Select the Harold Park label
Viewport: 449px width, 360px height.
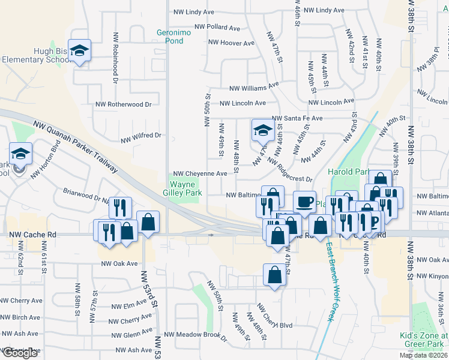coord(349,172)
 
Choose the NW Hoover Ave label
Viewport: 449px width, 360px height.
coord(231,43)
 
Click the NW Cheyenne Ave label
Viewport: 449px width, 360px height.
coord(200,173)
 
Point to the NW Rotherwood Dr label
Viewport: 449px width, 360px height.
coord(124,103)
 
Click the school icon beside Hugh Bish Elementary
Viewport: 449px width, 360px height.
coord(79,50)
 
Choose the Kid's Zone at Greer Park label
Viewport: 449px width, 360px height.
coord(424,340)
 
